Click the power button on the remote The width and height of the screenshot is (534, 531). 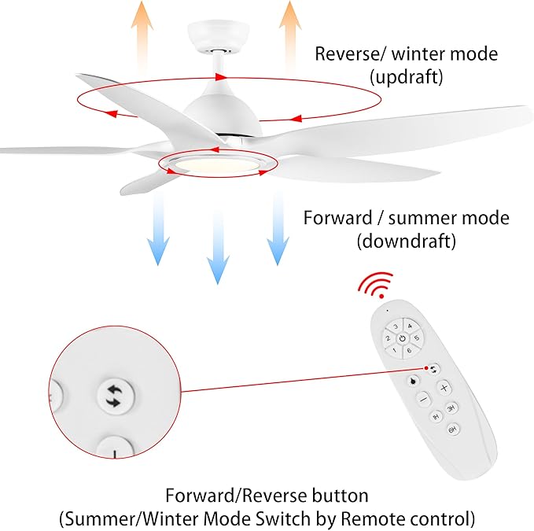[x=402, y=339]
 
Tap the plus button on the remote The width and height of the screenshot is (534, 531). [x=444, y=388]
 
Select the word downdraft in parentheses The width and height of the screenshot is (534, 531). [x=406, y=241]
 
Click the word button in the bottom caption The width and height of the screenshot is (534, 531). [x=341, y=496]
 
